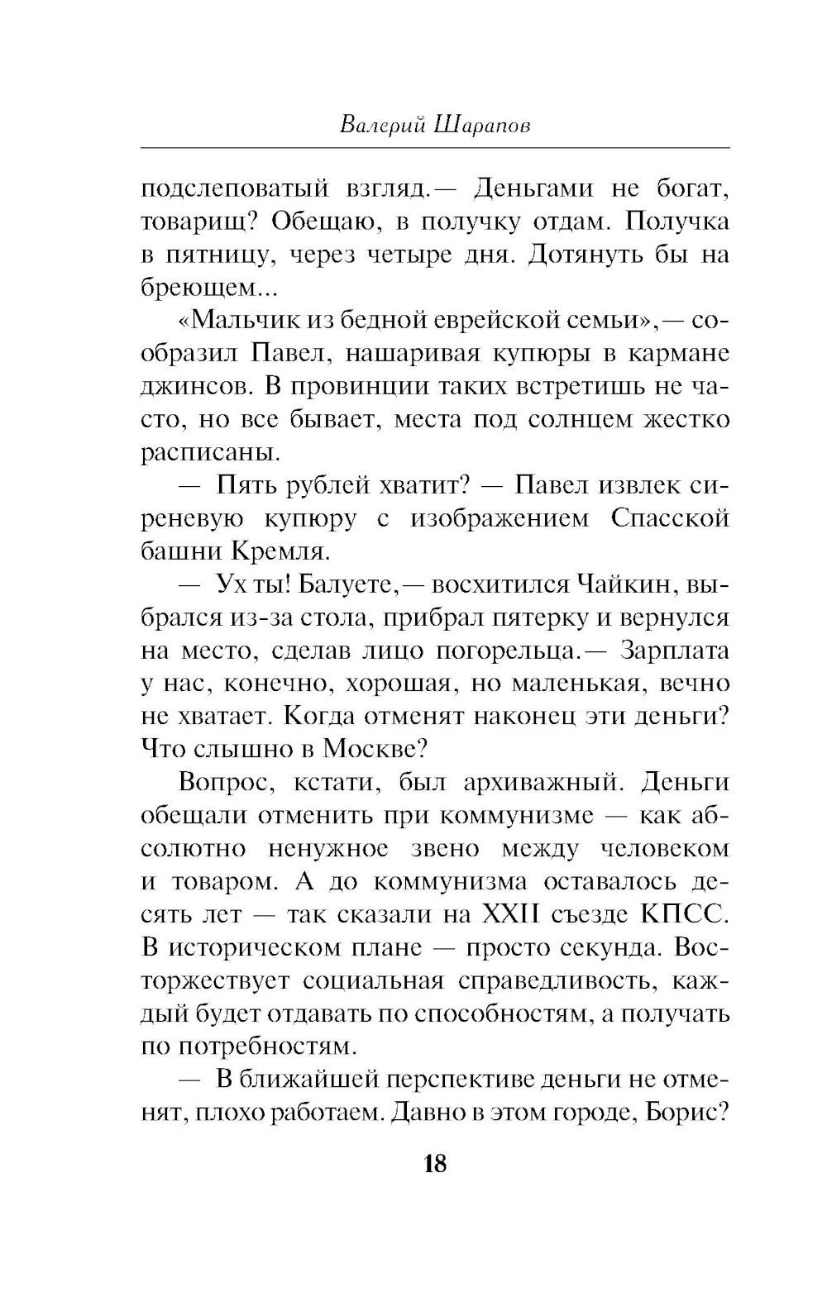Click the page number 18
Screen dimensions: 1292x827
(x=434, y=1165)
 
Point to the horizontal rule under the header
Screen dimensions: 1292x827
(x=435, y=148)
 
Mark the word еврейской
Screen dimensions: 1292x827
(x=479, y=321)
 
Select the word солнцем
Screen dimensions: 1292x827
(x=582, y=420)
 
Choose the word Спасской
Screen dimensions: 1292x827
(x=671, y=519)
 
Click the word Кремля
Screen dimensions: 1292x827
(x=264, y=551)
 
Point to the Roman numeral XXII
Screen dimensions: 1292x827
(x=508, y=915)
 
